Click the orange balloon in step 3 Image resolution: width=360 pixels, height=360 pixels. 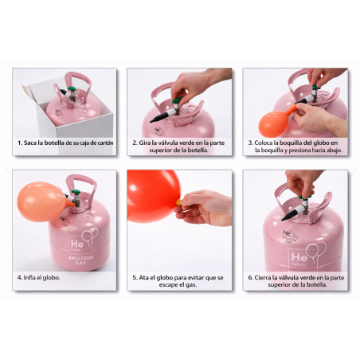(x=275, y=123)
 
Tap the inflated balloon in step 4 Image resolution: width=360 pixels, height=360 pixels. (x=42, y=202)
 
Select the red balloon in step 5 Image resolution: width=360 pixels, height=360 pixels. (x=153, y=196)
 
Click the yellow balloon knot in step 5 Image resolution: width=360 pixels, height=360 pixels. (x=179, y=202)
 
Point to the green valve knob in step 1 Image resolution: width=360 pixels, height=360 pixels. (x=72, y=88)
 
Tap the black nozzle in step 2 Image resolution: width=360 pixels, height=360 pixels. (x=160, y=118)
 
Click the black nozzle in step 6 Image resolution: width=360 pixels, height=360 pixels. (x=292, y=214)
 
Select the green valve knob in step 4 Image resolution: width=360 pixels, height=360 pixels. (x=76, y=192)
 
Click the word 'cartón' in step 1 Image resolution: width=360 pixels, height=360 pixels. (x=105, y=143)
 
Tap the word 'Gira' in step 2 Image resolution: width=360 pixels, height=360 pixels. (x=145, y=143)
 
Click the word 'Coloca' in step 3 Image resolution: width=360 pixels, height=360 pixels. (x=264, y=143)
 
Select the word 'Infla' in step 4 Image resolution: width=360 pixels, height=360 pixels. (x=29, y=277)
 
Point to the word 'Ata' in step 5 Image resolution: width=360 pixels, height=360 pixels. (x=143, y=277)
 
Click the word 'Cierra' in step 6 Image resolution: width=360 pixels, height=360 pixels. (x=263, y=277)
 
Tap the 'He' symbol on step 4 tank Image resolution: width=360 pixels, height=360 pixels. (x=77, y=244)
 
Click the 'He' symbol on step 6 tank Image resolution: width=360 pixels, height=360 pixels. (x=299, y=257)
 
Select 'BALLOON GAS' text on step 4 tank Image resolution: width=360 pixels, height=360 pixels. (x=80, y=260)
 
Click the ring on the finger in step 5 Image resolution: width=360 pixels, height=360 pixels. (x=198, y=212)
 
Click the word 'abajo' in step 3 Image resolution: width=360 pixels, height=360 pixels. (x=335, y=151)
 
